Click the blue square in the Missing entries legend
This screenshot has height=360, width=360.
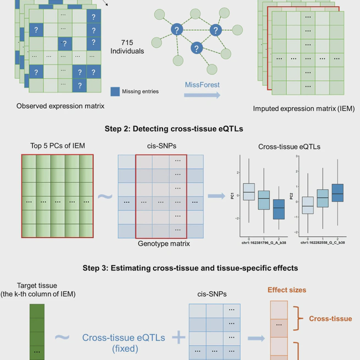115,92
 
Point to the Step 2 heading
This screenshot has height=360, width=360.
180,130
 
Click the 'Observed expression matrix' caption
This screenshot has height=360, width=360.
60,106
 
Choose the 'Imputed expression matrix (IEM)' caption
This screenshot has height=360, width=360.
304,109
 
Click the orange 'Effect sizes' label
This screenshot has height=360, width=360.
287,290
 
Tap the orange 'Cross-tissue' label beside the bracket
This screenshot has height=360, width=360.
330,319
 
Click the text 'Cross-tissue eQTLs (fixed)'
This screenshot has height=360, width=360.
124,343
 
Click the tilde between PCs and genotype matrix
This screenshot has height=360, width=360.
102,196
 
